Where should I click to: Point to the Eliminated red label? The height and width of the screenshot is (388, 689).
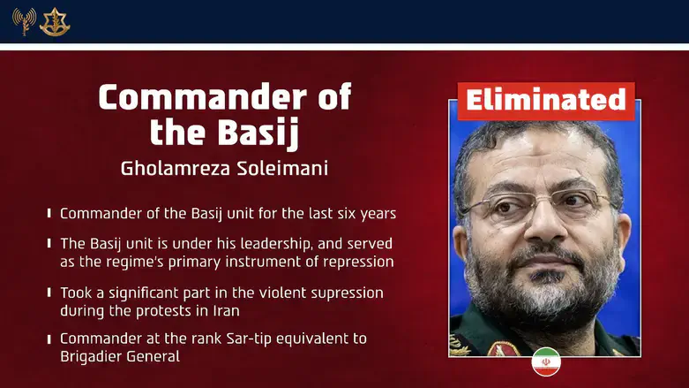point(545,101)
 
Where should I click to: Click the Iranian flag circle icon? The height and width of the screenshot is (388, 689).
point(545,362)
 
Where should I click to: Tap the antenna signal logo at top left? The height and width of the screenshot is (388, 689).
point(24,21)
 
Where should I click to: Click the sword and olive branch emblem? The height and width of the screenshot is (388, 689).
point(55,21)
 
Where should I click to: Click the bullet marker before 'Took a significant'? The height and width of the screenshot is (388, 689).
point(49,293)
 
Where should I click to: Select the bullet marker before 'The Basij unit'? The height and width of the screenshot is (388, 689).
point(49,244)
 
